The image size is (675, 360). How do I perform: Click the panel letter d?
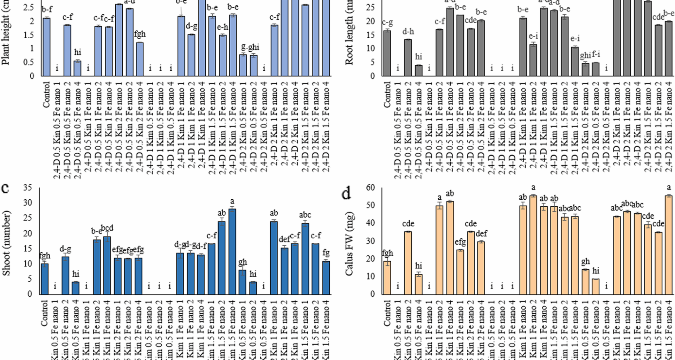pos(346,193)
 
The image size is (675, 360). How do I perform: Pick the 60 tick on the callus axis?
pos(371,187)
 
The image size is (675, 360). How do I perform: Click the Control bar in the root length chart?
pos(387,53)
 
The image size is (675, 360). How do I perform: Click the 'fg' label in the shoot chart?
pos(326,252)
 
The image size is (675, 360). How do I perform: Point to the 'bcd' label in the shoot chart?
pos(107,228)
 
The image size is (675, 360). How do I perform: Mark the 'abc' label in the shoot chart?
pos(305,215)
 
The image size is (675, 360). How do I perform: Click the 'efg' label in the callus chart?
pos(460,242)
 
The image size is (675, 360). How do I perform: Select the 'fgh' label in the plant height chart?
pos(140,34)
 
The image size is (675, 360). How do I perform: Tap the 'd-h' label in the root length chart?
pos(408,32)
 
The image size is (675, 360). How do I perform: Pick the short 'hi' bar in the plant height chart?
pos(77,68)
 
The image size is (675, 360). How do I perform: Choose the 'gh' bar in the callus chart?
pos(585,282)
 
